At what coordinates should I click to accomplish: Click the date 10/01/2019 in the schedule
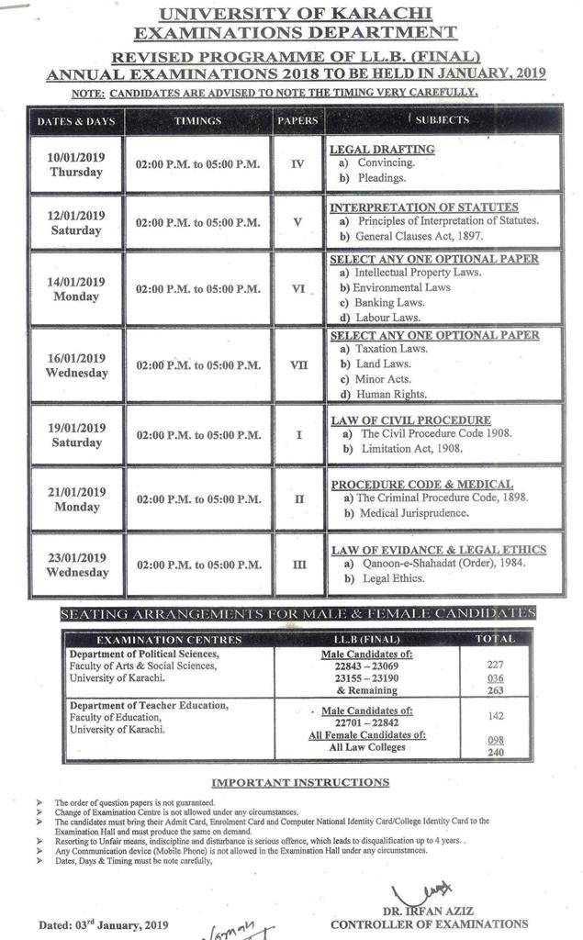(x=75, y=157)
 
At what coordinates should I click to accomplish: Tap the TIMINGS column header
(x=197, y=120)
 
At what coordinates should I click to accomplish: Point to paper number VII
(x=298, y=364)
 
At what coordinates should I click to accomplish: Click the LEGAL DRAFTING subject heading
(x=382, y=149)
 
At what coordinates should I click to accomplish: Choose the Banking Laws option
(x=389, y=302)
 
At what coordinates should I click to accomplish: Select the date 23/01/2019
(x=76, y=557)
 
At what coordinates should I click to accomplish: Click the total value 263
(x=496, y=690)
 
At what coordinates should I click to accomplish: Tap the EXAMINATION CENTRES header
(x=169, y=639)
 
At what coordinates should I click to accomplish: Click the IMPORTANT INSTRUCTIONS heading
(x=300, y=782)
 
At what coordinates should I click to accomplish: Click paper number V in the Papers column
(x=297, y=221)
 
